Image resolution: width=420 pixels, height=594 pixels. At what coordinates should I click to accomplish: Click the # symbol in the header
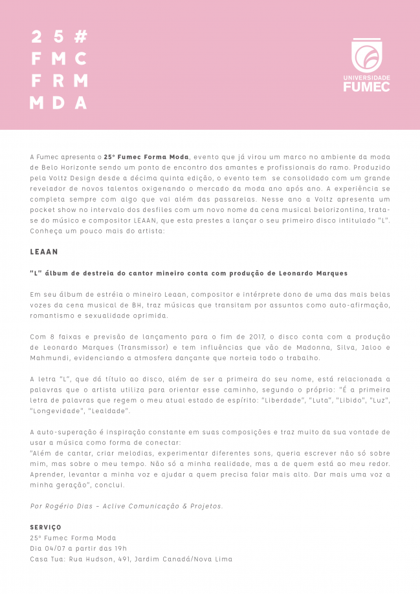click(80, 36)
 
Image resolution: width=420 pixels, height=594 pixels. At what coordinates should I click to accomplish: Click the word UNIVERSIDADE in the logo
click(371, 78)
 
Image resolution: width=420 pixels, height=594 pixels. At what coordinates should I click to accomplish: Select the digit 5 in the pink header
click(58, 36)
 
